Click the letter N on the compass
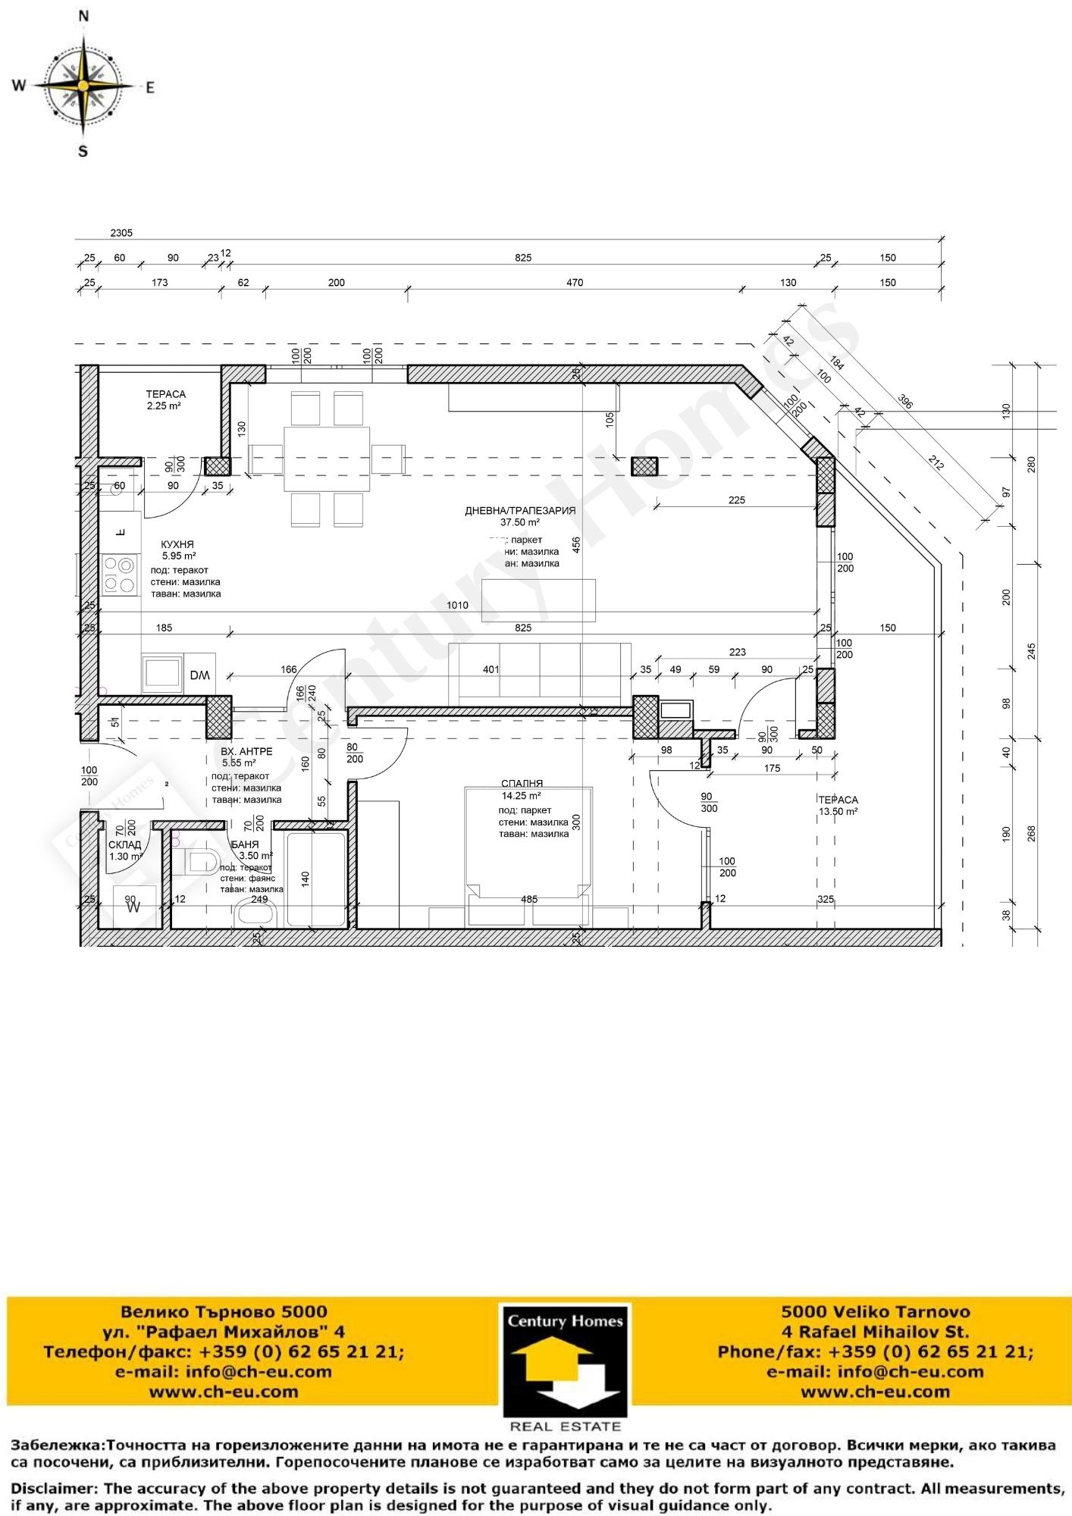point(83,16)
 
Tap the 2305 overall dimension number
point(121,233)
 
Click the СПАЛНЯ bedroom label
point(522,784)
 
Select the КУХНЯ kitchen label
point(177,544)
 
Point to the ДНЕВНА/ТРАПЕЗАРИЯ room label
point(520,511)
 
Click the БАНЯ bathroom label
point(245,844)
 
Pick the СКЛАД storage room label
point(124,845)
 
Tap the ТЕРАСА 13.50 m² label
point(838,800)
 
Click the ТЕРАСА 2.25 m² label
point(165,394)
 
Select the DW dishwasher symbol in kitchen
point(200,675)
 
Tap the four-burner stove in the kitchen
point(120,575)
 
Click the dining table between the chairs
point(327,459)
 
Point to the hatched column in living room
point(644,466)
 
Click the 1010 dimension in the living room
point(457,605)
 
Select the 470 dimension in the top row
point(575,283)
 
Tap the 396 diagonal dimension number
point(904,401)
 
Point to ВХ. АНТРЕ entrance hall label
point(246,752)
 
